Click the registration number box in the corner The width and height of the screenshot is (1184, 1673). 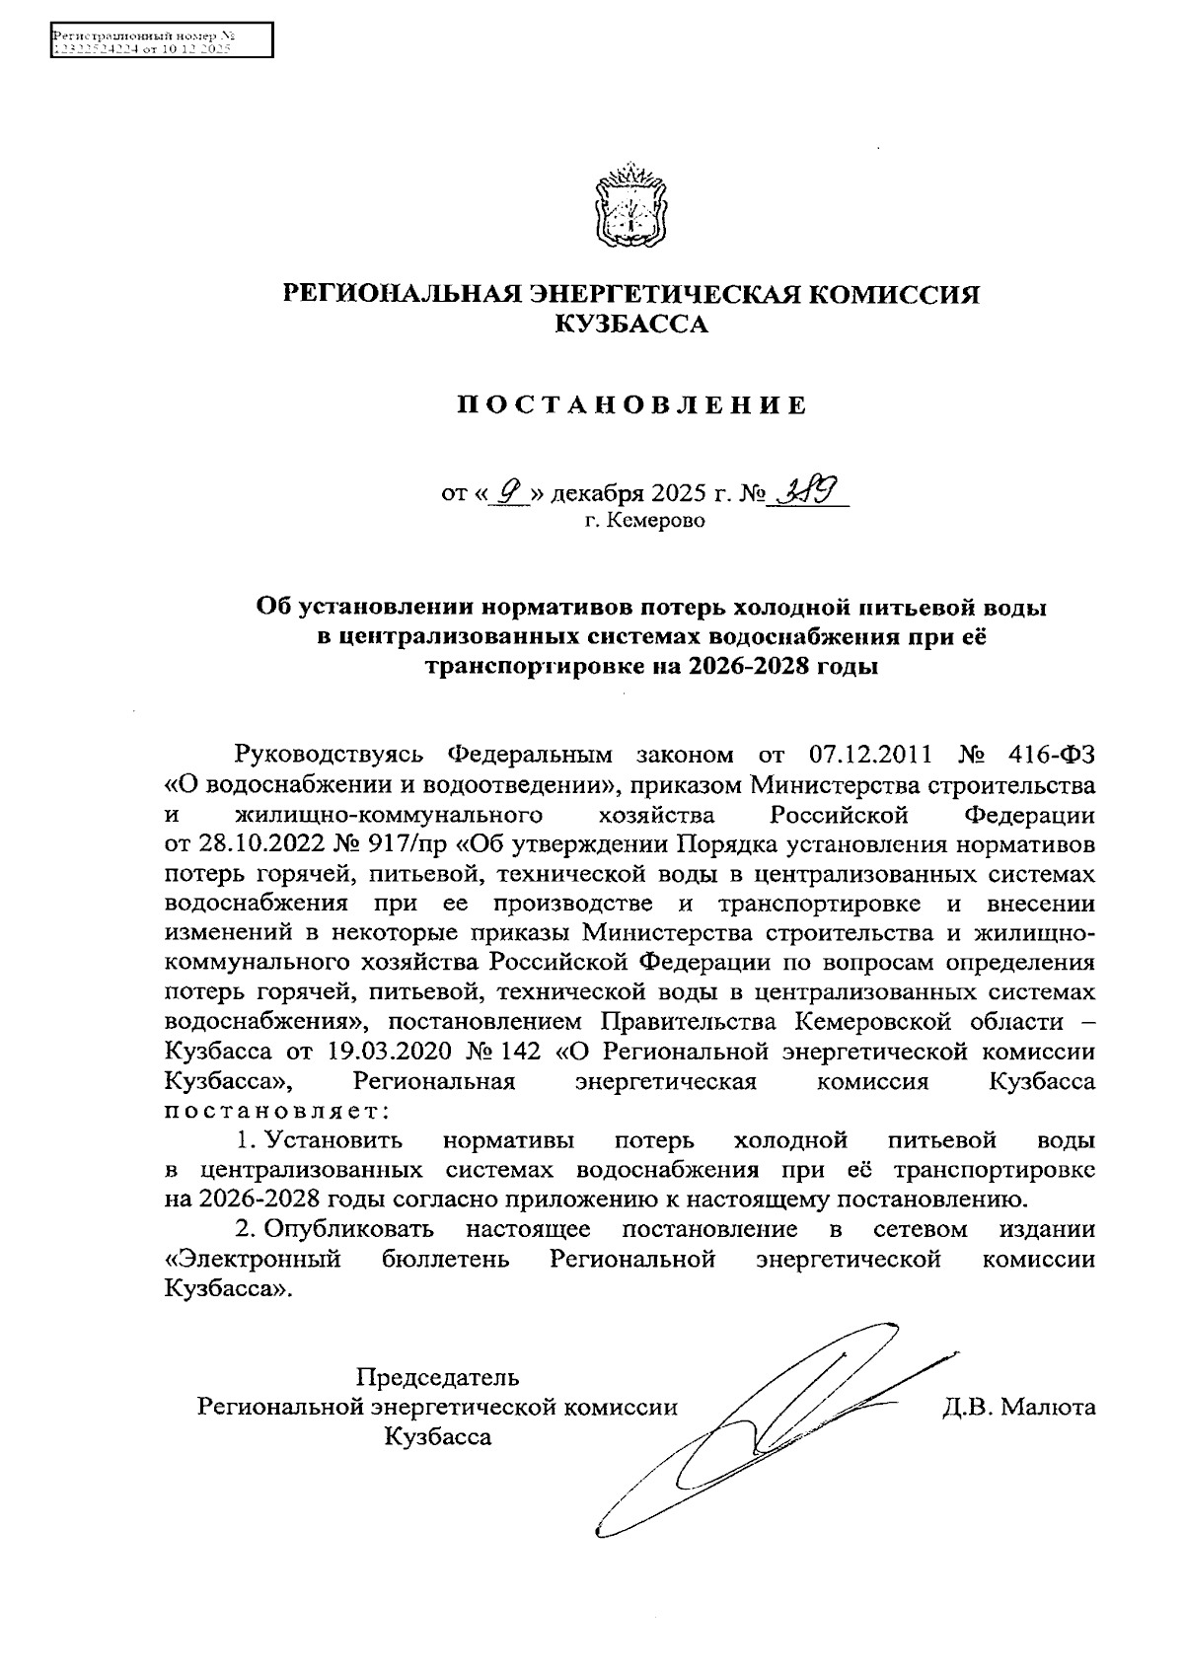(x=161, y=41)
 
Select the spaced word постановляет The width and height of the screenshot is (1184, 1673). (x=275, y=1111)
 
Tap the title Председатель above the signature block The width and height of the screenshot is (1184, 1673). (x=437, y=1377)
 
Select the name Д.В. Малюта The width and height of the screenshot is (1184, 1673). (x=1018, y=1407)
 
